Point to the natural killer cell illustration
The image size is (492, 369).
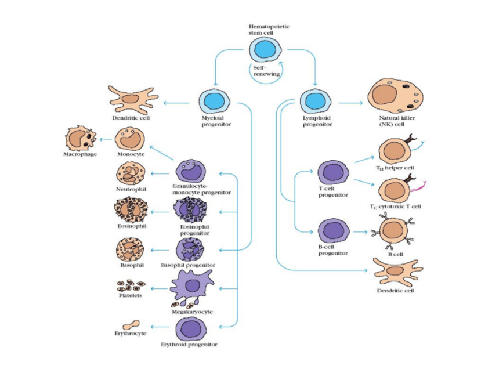(x=397, y=96)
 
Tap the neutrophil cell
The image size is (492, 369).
(x=131, y=173)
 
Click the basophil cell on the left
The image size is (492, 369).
(x=131, y=250)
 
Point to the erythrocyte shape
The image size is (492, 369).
(x=131, y=324)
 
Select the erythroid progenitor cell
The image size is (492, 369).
(x=191, y=328)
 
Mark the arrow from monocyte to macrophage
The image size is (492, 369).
(x=106, y=139)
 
